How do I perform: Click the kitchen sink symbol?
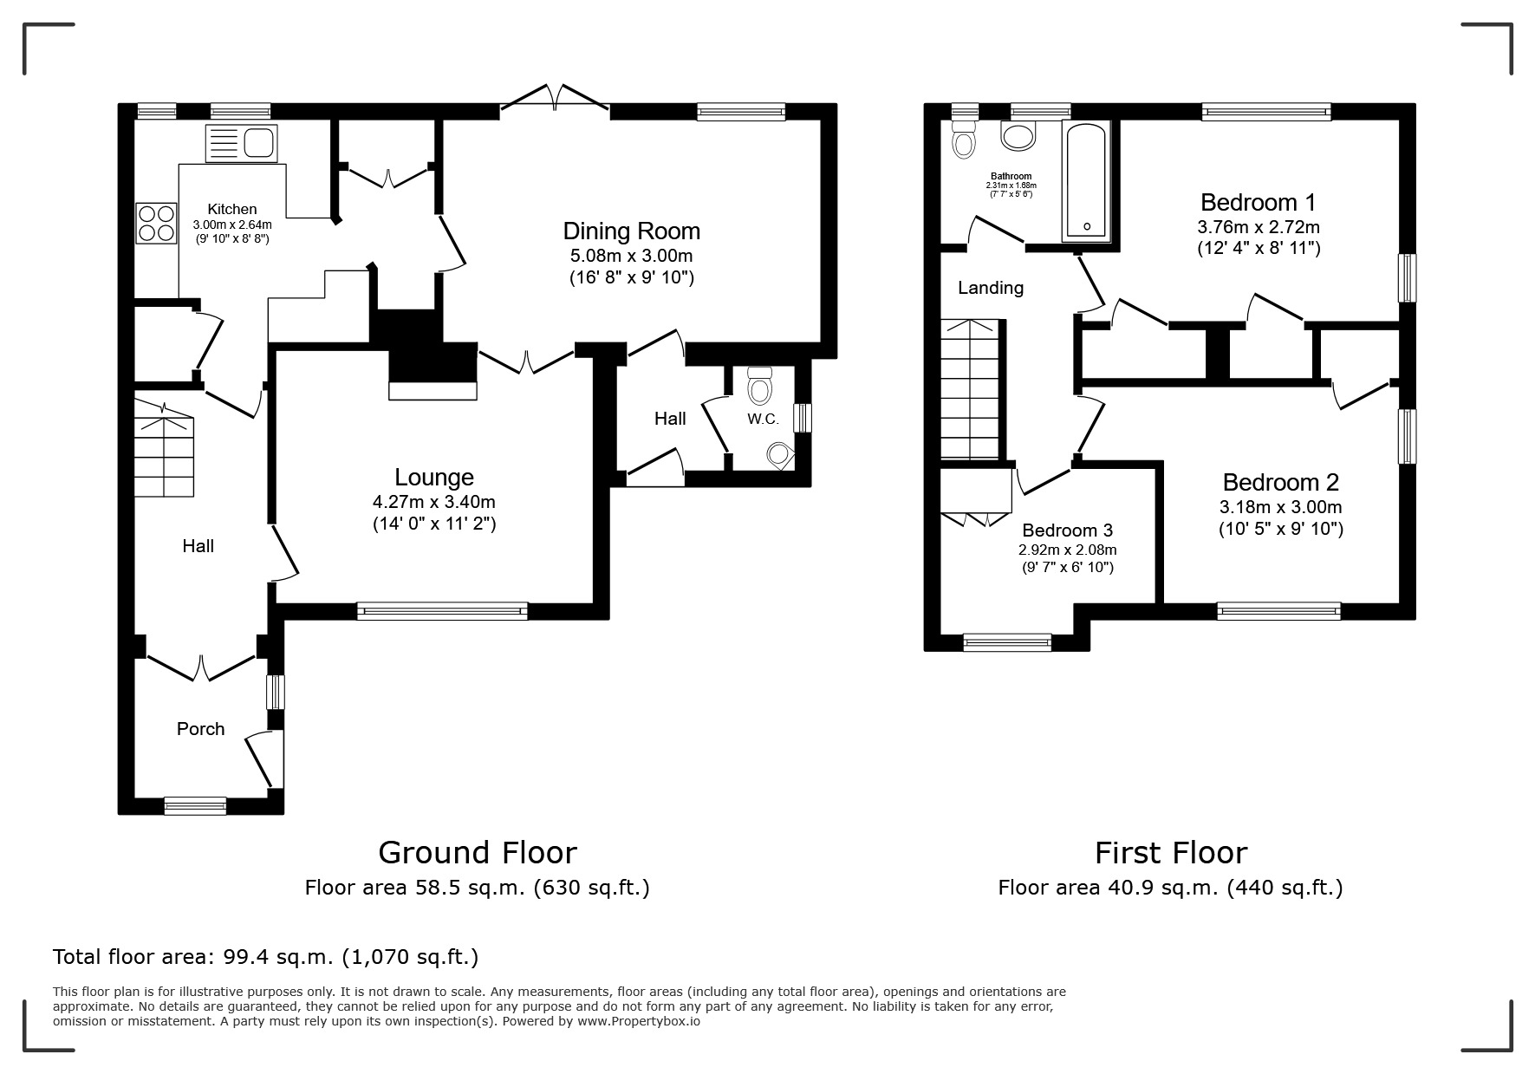pyautogui.click(x=241, y=143)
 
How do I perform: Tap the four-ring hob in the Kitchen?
pyautogui.click(x=157, y=223)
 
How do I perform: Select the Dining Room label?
pyautogui.click(x=631, y=231)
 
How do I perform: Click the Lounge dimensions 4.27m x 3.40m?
pyautogui.click(x=433, y=502)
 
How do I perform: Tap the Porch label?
pyautogui.click(x=200, y=729)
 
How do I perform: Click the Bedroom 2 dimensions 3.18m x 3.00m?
pyautogui.click(x=1280, y=507)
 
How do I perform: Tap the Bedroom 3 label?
pyautogui.click(x=1067, y=530)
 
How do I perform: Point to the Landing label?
pyautogui.click(x=990, y=288)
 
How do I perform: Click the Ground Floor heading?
pyautogui.click(x=477, y=853)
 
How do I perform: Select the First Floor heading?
pyautogui.click(x=1170, y=853)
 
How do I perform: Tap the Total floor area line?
pyautogui.click(x=265, y=957)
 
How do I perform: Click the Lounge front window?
pyautogui.click(x=442, y=611)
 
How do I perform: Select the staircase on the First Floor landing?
pyautogui.click(x=970, y=390)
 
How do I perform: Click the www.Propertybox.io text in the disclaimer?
pyautogui.click(x=639, y=1021)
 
